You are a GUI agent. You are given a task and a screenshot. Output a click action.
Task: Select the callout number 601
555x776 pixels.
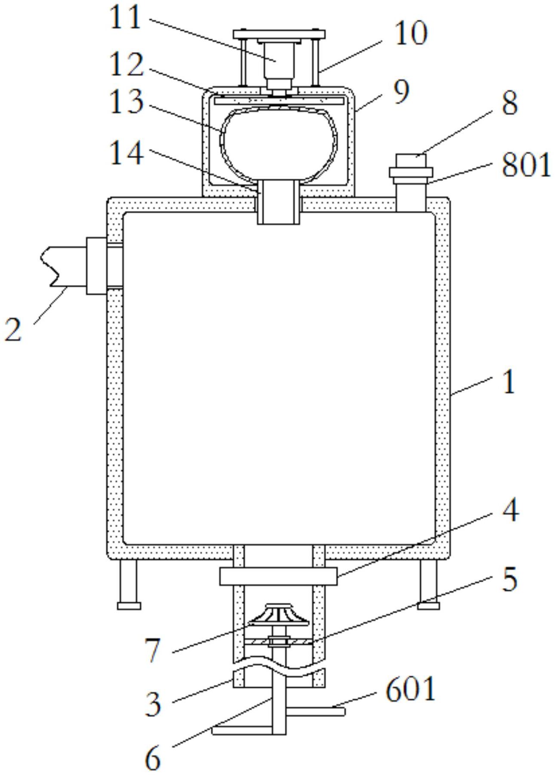410,690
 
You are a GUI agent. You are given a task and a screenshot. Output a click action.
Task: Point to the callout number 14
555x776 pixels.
126,154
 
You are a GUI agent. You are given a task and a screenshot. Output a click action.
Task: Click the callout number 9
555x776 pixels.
401,92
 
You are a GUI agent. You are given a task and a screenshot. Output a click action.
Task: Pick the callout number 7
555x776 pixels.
153,650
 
